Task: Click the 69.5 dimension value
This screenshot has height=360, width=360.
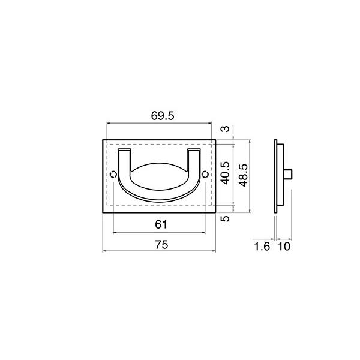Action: coord(163,116)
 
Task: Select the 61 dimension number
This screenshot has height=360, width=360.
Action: coord(161,224)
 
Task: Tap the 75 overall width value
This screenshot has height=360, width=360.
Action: coord(161,245)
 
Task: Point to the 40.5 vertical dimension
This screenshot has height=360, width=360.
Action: coord(225,173)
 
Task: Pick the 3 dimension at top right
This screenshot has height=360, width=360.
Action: coord(225,129)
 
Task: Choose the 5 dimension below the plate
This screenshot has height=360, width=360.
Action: coord(225,218)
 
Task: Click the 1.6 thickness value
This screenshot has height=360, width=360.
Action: coord(262,247)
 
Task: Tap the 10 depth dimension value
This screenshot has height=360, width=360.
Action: coord(284,247)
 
